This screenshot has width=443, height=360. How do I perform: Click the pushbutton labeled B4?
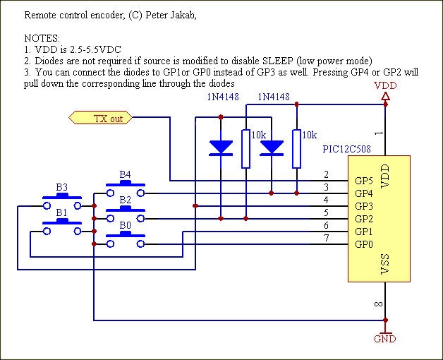pos(126,188)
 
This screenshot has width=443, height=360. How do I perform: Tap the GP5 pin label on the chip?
pos(363,180)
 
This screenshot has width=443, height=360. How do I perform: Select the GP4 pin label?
pos(363,193)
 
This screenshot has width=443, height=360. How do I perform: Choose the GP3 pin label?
pos(363,205)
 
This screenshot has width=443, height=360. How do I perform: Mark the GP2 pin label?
pos(363,219)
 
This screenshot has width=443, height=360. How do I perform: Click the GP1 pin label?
pos(363,232)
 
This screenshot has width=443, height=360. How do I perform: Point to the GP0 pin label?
pos(363,244)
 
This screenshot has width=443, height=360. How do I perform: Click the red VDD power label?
pos(384,85)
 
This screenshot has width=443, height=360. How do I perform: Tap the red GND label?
pos(384,339)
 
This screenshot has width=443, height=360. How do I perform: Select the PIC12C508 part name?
pos(346,149)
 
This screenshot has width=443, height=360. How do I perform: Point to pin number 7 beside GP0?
pos(326,239)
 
